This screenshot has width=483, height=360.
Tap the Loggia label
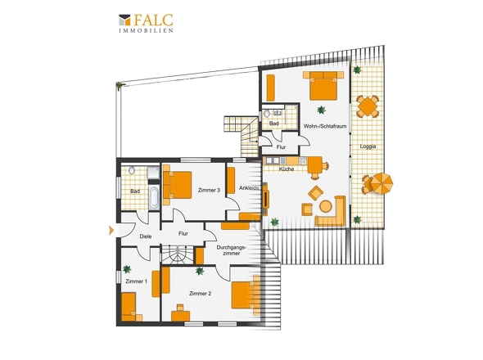pos(368,146)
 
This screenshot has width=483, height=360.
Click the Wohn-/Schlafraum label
pos(325,126)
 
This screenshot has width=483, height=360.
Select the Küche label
pos(287,169)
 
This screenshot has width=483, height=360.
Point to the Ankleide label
pos(249,188)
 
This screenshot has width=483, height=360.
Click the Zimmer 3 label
pos(209,191)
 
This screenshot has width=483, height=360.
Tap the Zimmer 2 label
pos(201,294)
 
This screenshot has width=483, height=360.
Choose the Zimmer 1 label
pos(137,281)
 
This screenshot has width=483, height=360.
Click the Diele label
pos(146,236)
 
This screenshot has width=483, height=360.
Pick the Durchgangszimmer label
pos(231,250)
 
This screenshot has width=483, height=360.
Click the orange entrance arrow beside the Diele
pos(111,230)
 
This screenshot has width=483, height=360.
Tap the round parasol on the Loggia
pos(381,183)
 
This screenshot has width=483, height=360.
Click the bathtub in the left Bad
pos(154,198)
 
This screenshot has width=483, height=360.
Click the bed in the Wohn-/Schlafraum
pos(323,86)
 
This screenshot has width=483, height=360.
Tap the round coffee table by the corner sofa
pos(326,206)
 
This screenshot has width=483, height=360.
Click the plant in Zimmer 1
pos(127,269)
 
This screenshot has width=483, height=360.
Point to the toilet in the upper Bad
pos(267,114)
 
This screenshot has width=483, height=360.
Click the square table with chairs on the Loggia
pos(368,106)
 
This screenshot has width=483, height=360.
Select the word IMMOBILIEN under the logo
pos(146,30)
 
